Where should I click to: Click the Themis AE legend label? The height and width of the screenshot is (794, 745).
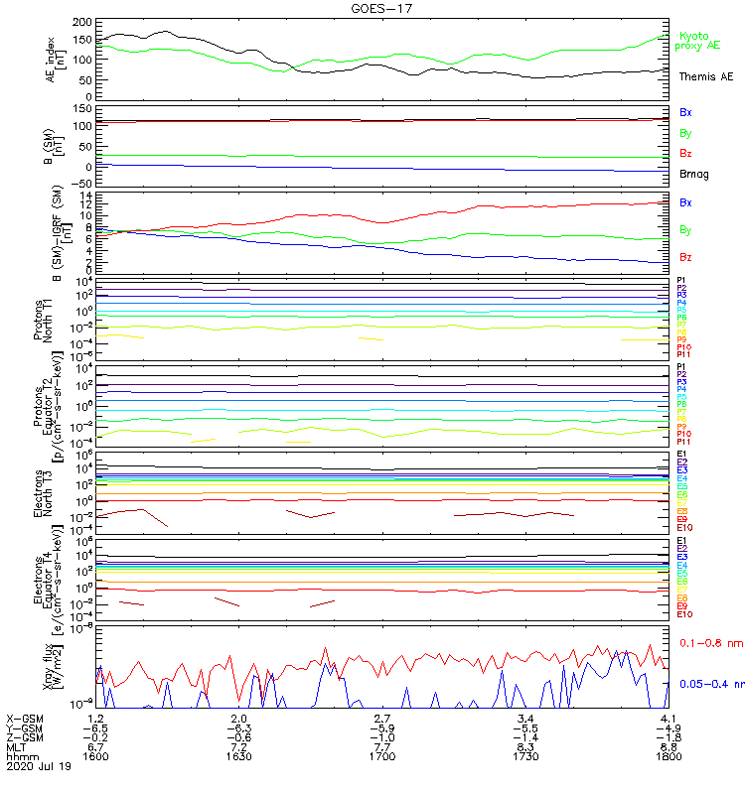coord(705,76)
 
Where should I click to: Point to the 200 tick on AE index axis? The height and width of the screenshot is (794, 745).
coord(82,22)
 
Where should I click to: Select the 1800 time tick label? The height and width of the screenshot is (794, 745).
coord(669,755)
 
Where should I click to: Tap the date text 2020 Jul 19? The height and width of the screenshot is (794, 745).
coord(39,767)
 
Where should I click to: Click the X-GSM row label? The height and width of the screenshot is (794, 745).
coord(26,718)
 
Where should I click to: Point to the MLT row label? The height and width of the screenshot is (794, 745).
coord(16,746)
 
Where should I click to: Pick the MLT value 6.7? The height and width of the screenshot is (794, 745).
coord(95,746)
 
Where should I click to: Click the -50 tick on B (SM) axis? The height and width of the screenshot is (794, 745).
coord(82,184)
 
